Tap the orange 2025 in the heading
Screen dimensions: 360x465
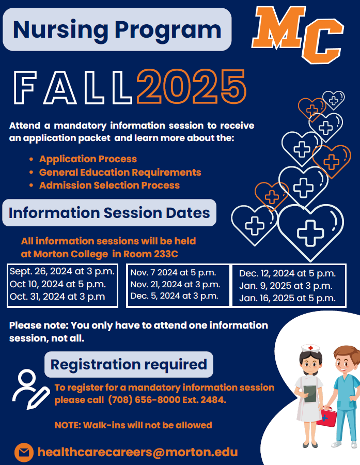pos(192,87)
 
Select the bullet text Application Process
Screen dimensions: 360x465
pos(88,159)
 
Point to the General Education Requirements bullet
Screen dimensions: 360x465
pos(120,172)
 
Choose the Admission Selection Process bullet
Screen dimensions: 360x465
pos(109,185)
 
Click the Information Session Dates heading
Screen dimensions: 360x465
pos(109,213)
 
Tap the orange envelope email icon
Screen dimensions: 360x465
pos(24,453)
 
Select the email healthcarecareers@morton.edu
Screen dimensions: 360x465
pos(137,452)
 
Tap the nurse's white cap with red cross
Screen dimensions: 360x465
pos(310,348)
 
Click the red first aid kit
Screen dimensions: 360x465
pos(326,416)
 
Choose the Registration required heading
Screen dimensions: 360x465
pos(129,364)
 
